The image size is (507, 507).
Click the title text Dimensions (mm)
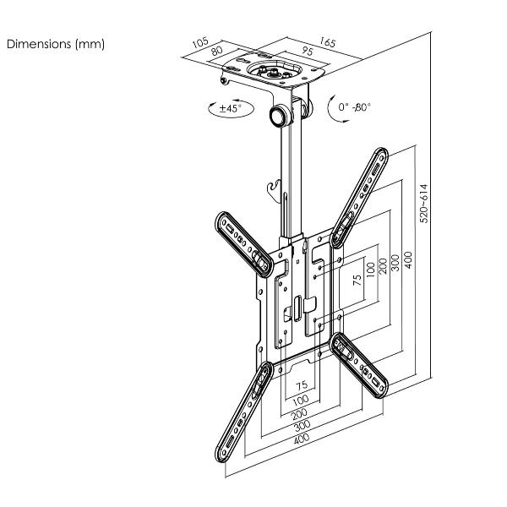point(57,44)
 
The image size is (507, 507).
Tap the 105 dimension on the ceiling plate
point(199,41)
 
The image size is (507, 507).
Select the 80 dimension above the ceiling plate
point(218,52)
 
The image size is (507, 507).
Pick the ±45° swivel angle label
point(229,108)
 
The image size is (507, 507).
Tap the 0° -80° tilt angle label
point(355,107)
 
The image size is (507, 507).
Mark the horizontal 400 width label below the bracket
point(301,437)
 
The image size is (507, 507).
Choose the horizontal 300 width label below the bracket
point(301,426)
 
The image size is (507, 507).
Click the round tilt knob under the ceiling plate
point(277,116)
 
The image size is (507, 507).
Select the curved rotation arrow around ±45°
point(209,108)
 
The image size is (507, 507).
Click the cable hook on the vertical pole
point(272,188)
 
